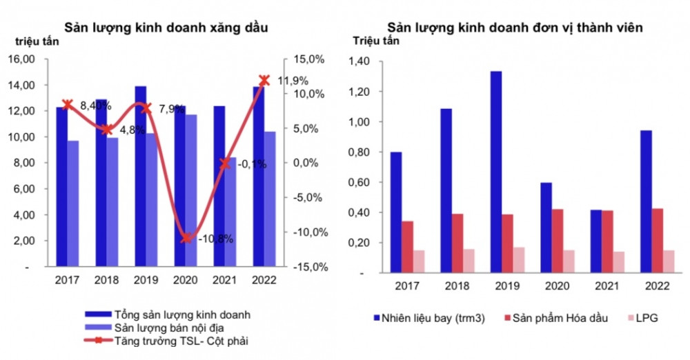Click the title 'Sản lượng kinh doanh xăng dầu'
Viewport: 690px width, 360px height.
point(166,28)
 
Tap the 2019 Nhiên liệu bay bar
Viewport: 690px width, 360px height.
point(495,172)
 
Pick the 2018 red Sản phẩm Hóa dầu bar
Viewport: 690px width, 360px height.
point(457,243)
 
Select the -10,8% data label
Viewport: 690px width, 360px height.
point(215,239)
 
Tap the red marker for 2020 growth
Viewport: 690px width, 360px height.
point(186,238)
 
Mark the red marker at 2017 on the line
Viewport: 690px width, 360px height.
point(67,105)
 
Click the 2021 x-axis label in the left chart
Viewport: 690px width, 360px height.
point(225,280)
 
